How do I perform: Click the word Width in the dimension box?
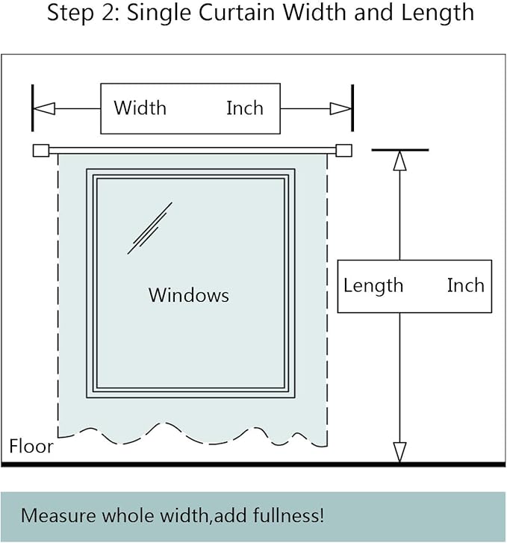tap(140, 108)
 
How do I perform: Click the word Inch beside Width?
tap(245, 108)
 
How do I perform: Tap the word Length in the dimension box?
tap(373, 287)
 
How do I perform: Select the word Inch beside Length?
tap(465, 285)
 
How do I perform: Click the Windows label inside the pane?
tap(189, 295)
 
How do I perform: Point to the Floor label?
tap(31, 446)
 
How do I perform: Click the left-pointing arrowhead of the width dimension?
tap(44, 109)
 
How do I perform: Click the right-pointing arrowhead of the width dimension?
tap(340, 109)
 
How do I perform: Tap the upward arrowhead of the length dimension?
tap(400, 161)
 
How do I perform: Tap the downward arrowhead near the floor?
tap(400, 452)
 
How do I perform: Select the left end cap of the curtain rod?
tap(41, 151)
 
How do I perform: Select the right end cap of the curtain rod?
tap(344, 151)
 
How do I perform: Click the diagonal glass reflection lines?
tap(149, 229)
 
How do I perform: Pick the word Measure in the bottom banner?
tap(58, 515)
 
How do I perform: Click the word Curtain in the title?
tap(237, 13)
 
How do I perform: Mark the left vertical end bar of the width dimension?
tap(33, 108)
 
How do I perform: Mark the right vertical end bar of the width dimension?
tap(352, 108)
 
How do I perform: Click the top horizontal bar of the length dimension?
tap(400, 150)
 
